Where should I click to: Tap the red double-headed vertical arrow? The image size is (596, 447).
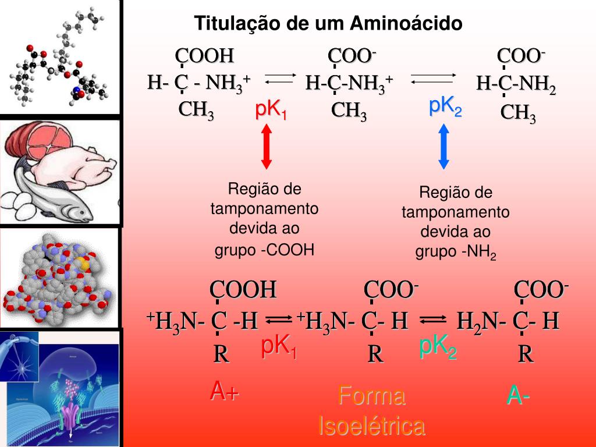coord(267,147)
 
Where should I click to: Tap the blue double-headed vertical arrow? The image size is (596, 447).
coord(444,147)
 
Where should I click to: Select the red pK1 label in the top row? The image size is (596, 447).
coord(271,110)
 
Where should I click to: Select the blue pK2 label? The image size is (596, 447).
coord(445,107)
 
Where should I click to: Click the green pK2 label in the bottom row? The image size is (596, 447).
coord(438,347)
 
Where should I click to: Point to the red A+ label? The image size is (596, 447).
coord(225,392)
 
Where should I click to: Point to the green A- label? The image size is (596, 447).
coord(518,396)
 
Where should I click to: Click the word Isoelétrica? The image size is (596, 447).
coord(372,426)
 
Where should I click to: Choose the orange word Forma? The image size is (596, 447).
coord(371,397)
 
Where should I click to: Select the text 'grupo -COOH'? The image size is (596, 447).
coord(264,250)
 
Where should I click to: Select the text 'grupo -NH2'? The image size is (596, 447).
coord(455,252)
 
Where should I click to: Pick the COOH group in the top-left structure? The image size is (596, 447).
coord(205,56)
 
